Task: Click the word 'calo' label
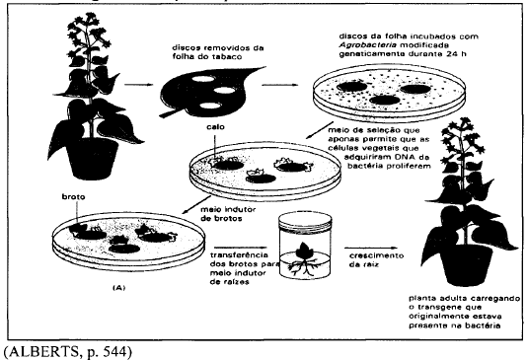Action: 215,127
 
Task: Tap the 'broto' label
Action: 73,197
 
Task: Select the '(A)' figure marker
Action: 118,288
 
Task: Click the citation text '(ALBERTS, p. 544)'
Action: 68,351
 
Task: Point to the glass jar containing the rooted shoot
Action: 305,246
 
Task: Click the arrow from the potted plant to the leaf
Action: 139,85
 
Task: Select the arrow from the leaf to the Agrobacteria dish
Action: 280,85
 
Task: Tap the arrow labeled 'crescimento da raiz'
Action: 371,249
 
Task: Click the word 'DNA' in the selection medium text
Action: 399,157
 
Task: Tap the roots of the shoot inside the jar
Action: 301,267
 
